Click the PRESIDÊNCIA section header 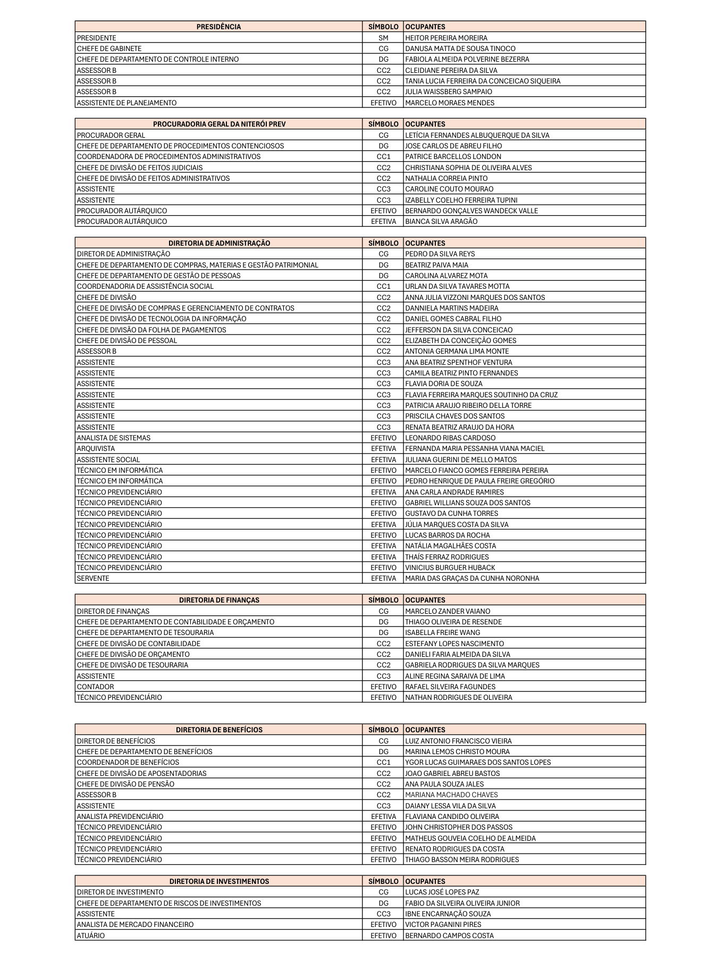pyautogui.click(x=218, y=27)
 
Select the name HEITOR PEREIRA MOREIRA pyautogui.click(x=446, y=38)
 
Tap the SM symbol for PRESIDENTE pyautogui.click(x=383, y=38)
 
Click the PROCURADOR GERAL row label pyautogui.click(x=111, y=135)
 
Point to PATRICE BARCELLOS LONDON pyautogui.click(x=453, y=156)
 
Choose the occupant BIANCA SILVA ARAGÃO pyautogui.click(x=441, y=221)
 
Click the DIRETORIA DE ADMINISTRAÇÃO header pyautogui.click(x=219, y=243)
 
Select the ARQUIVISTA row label pyautogui.click(x=96, y=448)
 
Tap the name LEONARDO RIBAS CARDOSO pyautogui.click(x=450, y=438)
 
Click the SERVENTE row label pyautogui.click(x=93, y=578)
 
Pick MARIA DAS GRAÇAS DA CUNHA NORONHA pyautogui.click(x=472, y=578)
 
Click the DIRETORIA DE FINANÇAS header pyautogui.click(x=219, y=600)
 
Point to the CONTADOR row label pyautogui.click(x=95, y=687)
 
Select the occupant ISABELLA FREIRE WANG pyautogui.click(x=442, y=632)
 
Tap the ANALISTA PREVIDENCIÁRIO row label pyautogui.click(x=120, y=816)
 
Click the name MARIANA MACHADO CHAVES pyautogui.click(x=451, y=795)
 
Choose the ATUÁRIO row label pyautogui.click(x=91, y=935)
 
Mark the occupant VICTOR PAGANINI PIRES pyautogui.click(x=443, y=924)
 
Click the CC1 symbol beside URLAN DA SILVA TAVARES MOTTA pyautogui.click(x=383, y=286)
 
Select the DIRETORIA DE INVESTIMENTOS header pyautogui.click(x=219, y=881)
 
